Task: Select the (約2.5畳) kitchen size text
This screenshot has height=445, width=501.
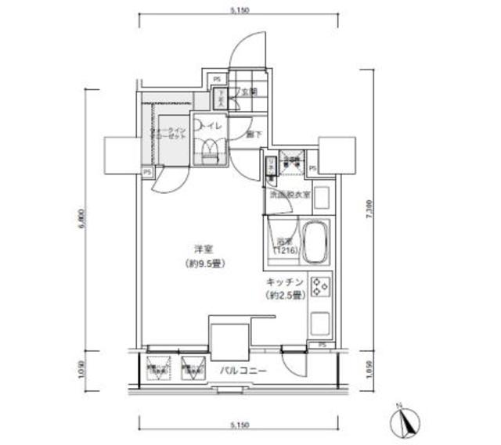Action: [281, 295]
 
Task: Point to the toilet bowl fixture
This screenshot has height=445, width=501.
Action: [210, 150]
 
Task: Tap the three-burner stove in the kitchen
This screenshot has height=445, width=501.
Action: [321, 288]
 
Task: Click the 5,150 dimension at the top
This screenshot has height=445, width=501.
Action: [239, 10]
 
